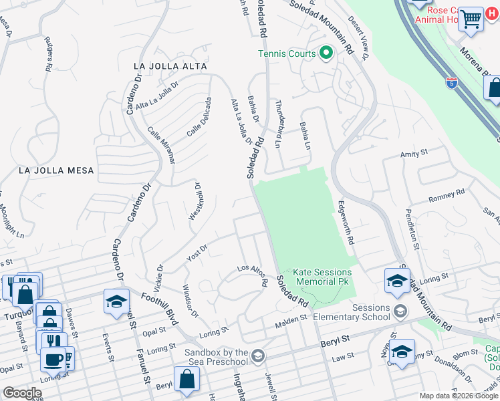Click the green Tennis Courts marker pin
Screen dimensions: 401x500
326,52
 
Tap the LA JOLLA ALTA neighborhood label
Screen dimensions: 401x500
170,67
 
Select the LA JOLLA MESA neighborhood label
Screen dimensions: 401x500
56,170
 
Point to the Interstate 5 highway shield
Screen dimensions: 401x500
453,82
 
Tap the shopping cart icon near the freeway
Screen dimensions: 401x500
471,19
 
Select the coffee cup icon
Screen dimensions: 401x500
53,359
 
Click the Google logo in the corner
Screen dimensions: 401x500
22,393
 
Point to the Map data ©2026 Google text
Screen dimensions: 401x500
458,396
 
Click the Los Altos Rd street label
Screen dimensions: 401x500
254,275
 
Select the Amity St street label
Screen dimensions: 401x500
413,154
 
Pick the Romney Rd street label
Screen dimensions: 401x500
446,196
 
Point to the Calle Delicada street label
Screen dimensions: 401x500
199,117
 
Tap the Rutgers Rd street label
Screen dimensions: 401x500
49,53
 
